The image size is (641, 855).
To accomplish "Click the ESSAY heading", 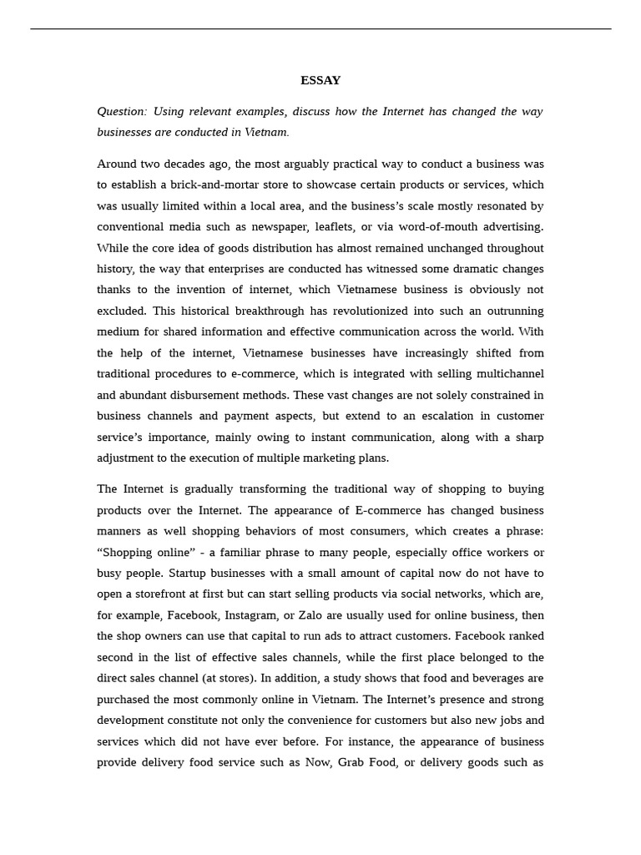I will pos(320,81).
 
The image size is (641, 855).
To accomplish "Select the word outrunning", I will pos(510,311).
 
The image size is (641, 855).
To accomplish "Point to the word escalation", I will pos(438,416).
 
